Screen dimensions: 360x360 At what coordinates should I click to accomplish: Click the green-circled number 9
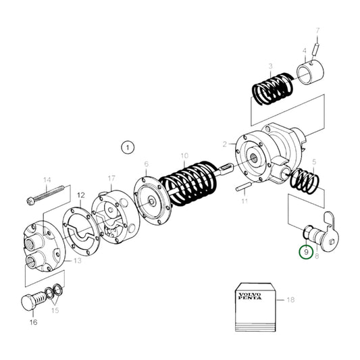[306, 252]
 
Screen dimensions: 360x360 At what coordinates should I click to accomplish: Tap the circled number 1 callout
[128, 147]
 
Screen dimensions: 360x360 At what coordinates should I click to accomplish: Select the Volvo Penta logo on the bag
[250, 297]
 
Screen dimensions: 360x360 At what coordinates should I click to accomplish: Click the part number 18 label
[290, 300]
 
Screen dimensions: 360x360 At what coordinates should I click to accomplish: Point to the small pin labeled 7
[315, 49]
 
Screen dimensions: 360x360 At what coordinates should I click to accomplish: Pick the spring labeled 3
[272, 88]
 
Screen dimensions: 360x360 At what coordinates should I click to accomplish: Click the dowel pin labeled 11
[244, 186]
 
